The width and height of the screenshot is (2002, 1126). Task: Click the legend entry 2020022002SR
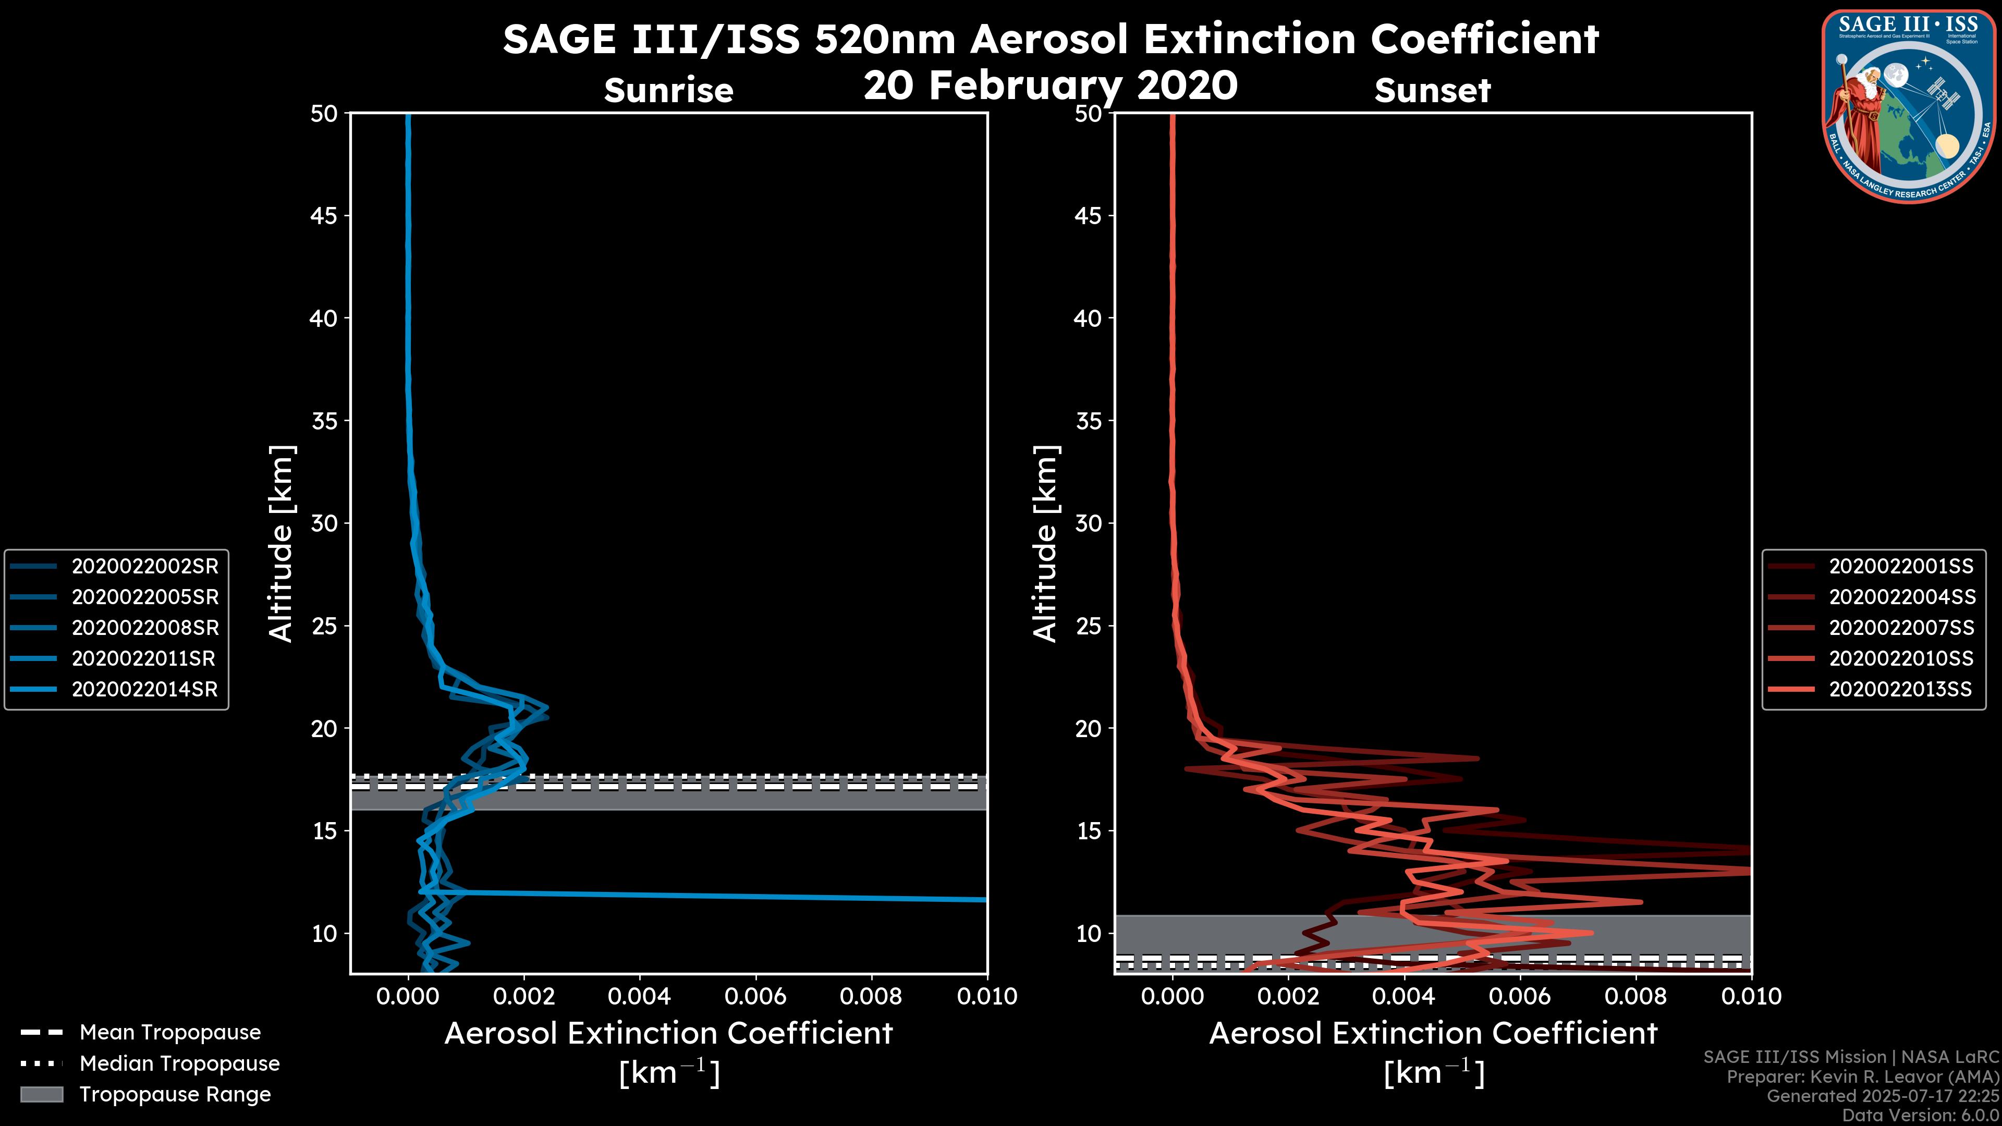click(144, 566)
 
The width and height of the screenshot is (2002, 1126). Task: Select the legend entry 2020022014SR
click(144, 689)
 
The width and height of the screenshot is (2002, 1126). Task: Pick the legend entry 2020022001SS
click(1901, 566)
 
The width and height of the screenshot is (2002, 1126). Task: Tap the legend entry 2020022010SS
click(1901, 658)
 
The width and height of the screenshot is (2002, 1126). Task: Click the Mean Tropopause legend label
click(170, 1032)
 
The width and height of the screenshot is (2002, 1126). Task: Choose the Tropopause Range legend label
click(175, 1094)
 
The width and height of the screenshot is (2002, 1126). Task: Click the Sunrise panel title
click(668, 91)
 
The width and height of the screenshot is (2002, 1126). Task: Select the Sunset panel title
click(1432, 91)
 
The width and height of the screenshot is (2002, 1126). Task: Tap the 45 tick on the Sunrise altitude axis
click(324, 215)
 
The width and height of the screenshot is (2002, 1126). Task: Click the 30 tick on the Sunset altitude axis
click(1089, 523)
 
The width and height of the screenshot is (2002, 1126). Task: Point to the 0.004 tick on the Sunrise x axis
click(640, 996)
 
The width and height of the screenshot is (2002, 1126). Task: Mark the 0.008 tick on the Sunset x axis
click(1636, 996)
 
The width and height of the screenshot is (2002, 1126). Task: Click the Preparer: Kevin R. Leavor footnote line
click(1862, 1077)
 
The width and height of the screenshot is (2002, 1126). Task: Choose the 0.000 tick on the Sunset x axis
click(1173, 996)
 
